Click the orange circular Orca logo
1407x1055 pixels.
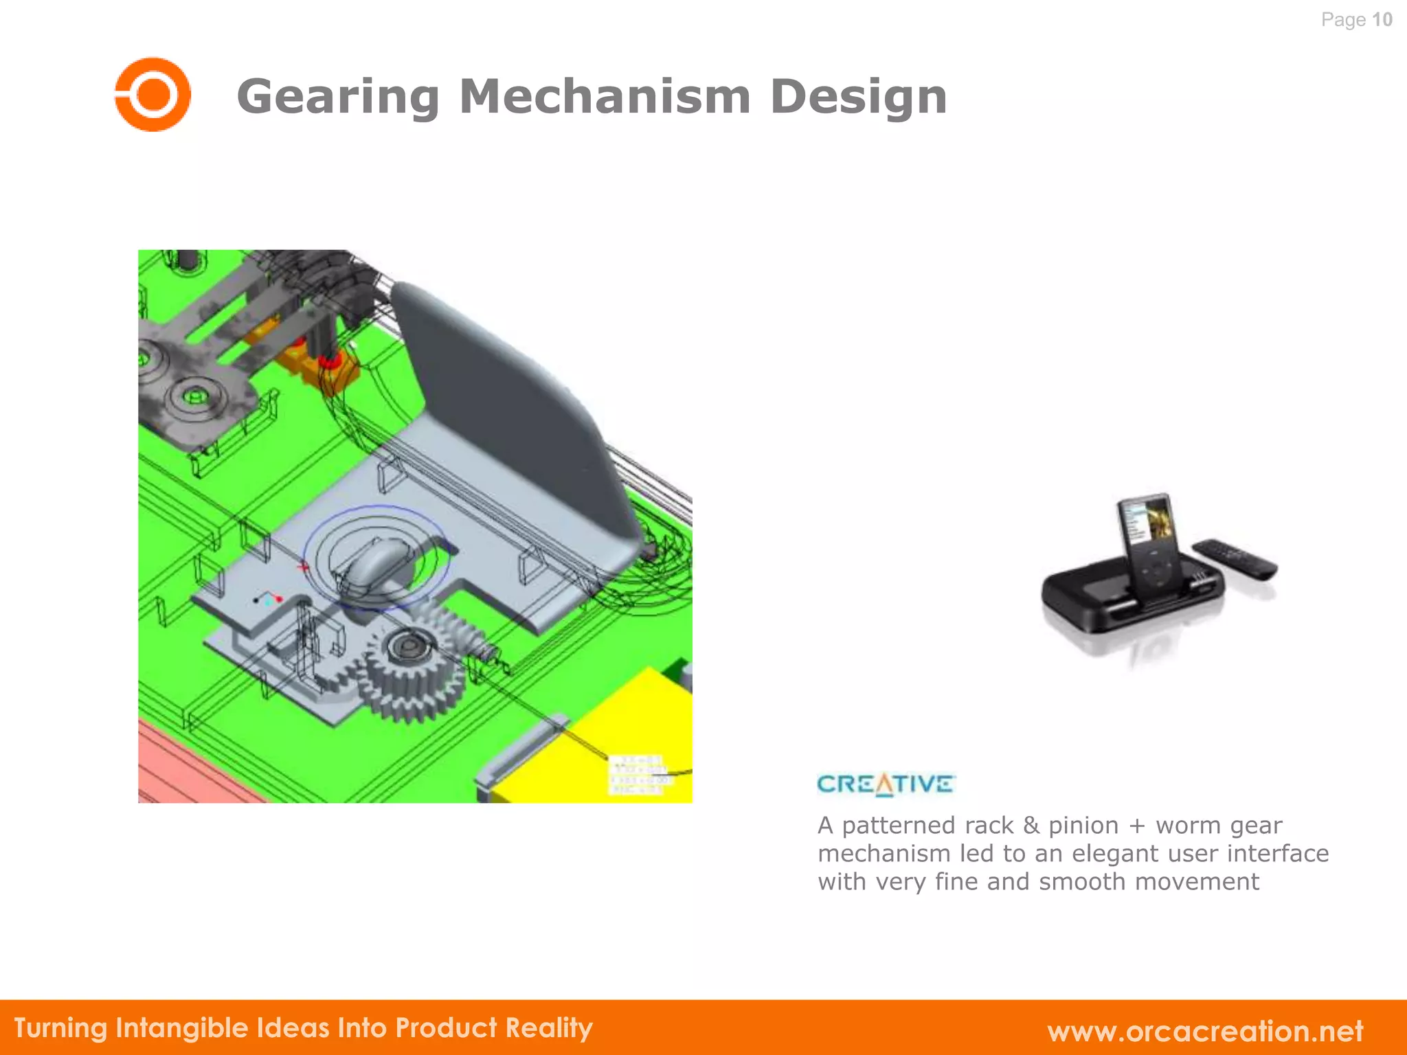click(153, 95)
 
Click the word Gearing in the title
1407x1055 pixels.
click(338, 96)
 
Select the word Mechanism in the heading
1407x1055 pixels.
click(605, 96)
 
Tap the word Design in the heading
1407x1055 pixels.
click(858, 96)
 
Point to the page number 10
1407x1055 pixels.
click(1382, 19)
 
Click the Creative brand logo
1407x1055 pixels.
click(885, 784)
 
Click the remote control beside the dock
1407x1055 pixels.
click(1235, 558)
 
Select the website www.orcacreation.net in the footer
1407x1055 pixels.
click(1205, 1031)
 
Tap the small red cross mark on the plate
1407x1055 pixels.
click(303, 567)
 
